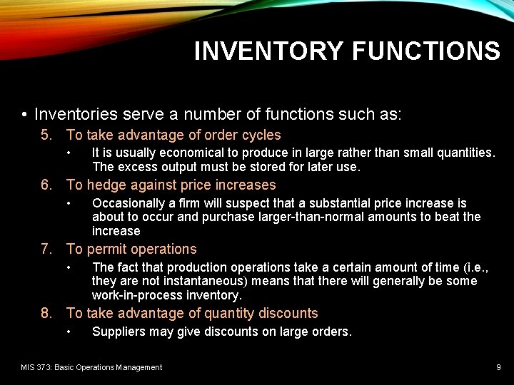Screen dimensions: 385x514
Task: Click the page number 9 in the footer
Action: (x=498, y=367)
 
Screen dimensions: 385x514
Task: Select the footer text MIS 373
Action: (x=37, y=367)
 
